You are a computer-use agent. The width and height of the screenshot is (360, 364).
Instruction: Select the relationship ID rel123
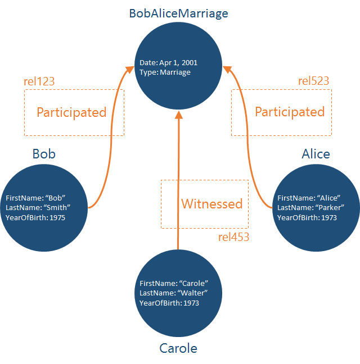coord(39,81)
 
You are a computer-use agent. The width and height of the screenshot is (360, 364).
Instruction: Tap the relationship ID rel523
coord(313,81)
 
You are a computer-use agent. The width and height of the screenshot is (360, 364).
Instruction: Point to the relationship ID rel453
coord(233,237)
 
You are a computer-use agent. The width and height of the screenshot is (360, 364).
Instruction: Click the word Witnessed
coord(211,204)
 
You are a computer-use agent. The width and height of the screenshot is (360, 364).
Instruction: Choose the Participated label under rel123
coord(71,112)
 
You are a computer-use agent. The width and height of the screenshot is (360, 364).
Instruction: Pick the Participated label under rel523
coord(290,112)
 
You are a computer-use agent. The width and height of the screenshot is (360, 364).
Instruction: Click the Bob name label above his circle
coord(44,154)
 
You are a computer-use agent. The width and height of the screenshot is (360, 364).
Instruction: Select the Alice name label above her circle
coord(316,154)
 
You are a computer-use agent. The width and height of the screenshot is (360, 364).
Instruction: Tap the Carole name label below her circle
coord(178,348)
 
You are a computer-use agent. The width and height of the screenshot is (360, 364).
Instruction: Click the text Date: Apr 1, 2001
coord(169,63)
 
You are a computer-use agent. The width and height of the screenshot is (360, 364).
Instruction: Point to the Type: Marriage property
coord(166,72)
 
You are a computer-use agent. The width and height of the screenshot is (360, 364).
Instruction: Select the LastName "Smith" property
coord(38,208)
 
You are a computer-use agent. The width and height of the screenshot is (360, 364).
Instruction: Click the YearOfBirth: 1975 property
coord(35,217)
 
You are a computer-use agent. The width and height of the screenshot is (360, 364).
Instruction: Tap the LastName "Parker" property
coord(310,208)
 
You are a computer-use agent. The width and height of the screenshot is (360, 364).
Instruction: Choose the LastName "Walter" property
coord(174,293)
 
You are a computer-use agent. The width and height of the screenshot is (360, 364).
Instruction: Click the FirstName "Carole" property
coord(174,284)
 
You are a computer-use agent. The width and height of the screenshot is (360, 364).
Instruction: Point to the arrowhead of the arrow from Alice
coord(226,70)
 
